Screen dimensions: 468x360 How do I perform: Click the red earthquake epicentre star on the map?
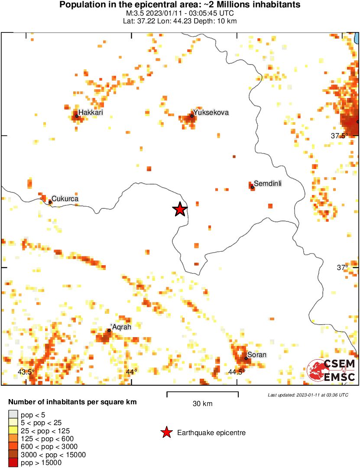[180, 210]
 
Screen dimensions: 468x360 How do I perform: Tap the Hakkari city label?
[91, 113]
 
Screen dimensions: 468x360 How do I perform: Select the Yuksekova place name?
[211, 113]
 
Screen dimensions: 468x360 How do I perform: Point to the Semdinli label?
[268, 184]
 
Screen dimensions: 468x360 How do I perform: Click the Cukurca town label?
[65, 199]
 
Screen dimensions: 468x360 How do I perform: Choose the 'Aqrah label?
[120, 328]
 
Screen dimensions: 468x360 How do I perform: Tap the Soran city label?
[257, 355]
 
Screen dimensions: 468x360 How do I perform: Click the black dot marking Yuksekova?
[192, 116]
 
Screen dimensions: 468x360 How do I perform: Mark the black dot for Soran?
[246, 358]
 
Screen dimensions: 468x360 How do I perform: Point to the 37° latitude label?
[343, 267]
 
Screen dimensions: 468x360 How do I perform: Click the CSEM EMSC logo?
[331, 370]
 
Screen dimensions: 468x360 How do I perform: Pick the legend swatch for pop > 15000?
[13, 463]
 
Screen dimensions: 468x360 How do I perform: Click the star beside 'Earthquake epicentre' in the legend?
[166, 432]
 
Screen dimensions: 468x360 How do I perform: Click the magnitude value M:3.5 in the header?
[134, 13]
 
